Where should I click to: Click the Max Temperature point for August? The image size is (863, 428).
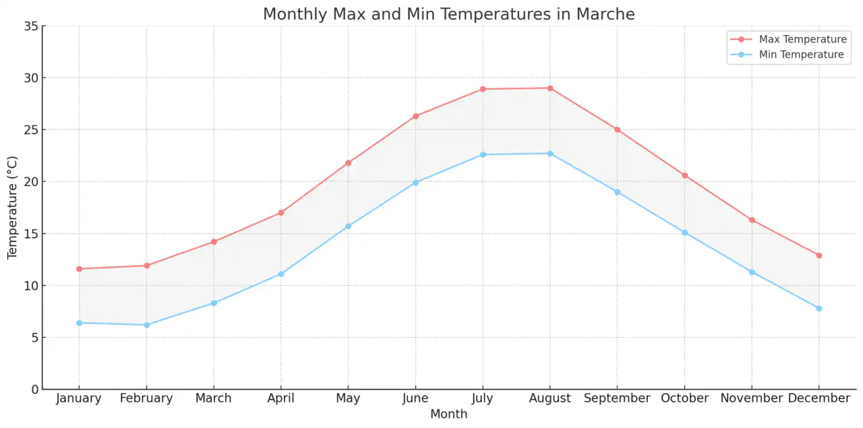pyautogui.click(x=550, y=88)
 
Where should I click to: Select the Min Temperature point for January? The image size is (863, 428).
pyautogui.click(x=79, y=323)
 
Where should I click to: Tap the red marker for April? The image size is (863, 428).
pyautogui.click(x=281, y=213)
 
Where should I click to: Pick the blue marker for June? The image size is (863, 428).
pyautogui.click(x=415, y=183)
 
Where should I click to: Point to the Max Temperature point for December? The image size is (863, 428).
pyautogui.click(x=819, y=255)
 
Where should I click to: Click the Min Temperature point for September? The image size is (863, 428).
pyautogui.click(x=617, y=192)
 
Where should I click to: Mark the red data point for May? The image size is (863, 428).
pyautogui.click(x=348, y=163)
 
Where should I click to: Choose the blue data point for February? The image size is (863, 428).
pyautogui.click(x=146, y=325)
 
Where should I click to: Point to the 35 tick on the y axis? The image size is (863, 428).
pyautogui.click(x=31, y=26)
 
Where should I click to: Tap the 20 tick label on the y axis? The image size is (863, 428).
pyautogui.click(x=31, y=182)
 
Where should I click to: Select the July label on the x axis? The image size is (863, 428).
pyautogui.click(x=483, y=398)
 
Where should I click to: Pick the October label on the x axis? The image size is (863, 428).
pyautogui.click(x=684, y=398)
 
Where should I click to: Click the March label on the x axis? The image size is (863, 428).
pyautogui.click(x=214, y=398)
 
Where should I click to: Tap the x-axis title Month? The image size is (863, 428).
pyautogui.click(x=448, y=414)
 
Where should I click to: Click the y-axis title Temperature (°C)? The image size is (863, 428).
pyautogui.click(x=13, y=208)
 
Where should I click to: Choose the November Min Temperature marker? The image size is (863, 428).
pyautogui.click(x=752, y=272)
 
